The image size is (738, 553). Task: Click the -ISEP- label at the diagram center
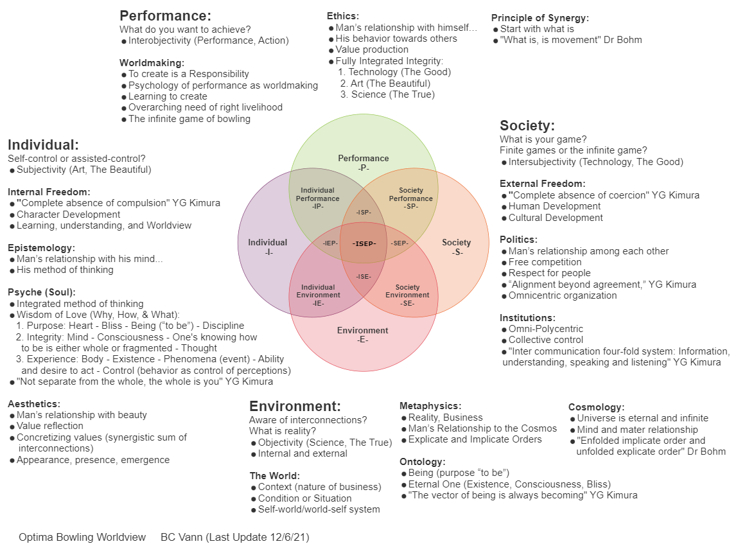pos(364,243)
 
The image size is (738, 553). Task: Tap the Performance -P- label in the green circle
pos(364,162)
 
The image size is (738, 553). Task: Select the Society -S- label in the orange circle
pos(456,247)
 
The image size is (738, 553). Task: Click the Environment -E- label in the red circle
pos(362,335)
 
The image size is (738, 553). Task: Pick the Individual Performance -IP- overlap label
pos(317,198)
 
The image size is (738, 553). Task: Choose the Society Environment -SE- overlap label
pos(407,295)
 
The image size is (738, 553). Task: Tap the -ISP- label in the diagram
pos(364,212)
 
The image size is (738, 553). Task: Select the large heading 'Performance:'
pos(165,16)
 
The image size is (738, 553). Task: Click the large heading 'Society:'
pos(527,125)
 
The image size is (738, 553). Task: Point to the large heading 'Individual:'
pos(43,145)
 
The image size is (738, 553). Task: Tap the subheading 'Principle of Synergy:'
pos(540,18)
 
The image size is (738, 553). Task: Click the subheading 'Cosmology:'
pos(596,407)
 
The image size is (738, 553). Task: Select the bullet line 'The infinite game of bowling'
pos(189,119)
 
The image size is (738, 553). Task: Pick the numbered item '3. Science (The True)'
pos(387,94)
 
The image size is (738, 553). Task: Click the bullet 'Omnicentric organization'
pos(563,295)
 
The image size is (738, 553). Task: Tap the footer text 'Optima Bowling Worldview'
pos(82,537)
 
